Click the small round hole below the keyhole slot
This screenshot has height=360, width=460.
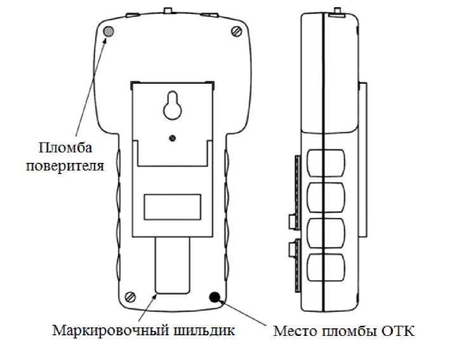(172, 137)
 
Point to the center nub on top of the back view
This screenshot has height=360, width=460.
(169, 10)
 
